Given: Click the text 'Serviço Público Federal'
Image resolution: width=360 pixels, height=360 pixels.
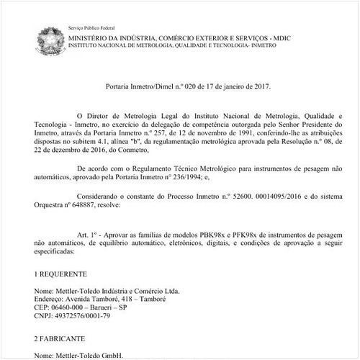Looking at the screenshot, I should [91, 27].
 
